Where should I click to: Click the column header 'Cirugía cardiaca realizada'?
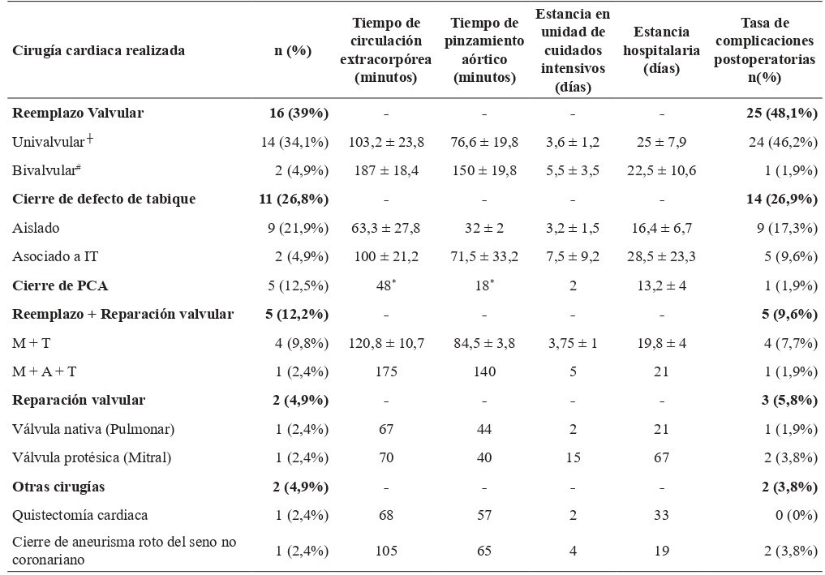[99, 51]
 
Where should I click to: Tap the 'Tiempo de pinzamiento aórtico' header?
[485, 51]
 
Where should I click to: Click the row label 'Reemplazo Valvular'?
[78, 114]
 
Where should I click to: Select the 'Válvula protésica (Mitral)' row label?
[92, 457]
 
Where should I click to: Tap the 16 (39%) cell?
[300, 114]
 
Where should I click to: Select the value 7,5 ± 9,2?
[573, 257]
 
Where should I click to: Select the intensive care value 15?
[573, 457]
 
